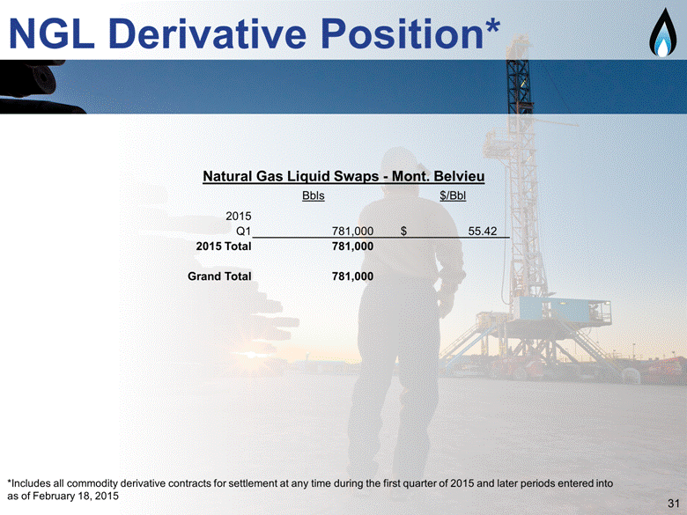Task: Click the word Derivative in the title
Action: click(207, 33)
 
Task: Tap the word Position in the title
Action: click(403, 33)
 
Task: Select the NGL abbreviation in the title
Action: click(51, 33)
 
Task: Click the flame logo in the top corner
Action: click(662, 33)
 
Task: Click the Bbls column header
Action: click(314, 195)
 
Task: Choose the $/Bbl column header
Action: click(453, 195)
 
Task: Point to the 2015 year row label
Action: click(239, 216)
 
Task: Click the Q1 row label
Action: click(244, 232)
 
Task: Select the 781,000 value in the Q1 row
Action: click(352, 232)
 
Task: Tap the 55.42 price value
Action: click(483, 232)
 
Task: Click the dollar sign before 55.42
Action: click(403, 232)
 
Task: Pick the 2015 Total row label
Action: click(224, 246)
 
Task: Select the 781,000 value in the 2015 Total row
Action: click(352, 246)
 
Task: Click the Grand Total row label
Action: click(219, 276)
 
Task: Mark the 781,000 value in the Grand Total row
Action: click(352, 276)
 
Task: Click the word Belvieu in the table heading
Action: click(459, 176)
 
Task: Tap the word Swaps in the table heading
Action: click(356, 177)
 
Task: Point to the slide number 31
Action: click(674, 504)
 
